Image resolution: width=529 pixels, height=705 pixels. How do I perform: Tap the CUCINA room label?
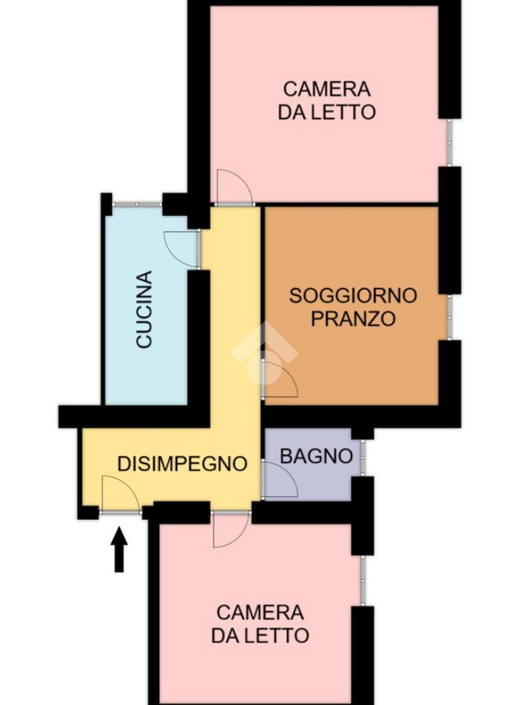tap(145, 309)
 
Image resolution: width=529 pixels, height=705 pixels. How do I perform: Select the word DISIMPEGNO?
tap(182, 463)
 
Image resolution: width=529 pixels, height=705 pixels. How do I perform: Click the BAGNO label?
tap(316, 456)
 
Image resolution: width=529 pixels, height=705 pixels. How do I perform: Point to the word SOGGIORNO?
tap(353, 295)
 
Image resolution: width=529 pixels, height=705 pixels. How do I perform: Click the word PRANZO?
tap(353, 319)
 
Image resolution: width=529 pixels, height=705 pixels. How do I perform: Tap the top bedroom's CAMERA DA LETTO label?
tap(326, 101)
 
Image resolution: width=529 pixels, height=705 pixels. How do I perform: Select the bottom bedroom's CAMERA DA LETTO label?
tap(260, 624)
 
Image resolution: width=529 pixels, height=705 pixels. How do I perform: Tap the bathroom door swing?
tap(280, 479)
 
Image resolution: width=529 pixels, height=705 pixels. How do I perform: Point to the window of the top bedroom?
tap(449, 143)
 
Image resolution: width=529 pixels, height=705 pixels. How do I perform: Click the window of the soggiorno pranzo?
tap(449, 317)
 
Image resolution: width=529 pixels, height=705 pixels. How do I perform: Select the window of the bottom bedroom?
tap(362, 580)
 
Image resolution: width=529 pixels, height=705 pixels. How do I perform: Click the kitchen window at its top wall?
tap(137, 204)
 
